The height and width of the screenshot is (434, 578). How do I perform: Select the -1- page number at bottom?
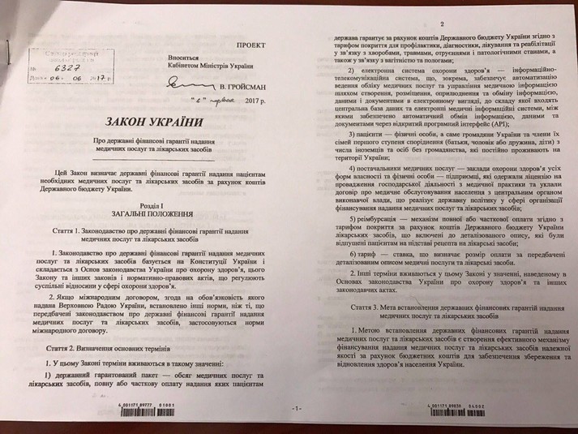tap(276, 409)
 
